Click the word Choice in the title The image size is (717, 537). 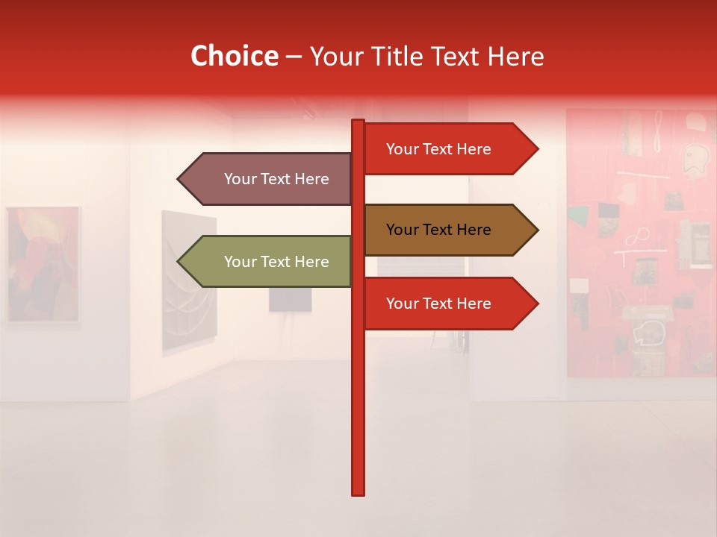(234, 57)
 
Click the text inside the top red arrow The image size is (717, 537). (438, 149)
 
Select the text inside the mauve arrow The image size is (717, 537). (276, 179)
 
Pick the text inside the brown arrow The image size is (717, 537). (438, 230)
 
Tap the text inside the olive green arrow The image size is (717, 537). (276, 262)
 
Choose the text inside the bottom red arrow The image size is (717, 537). (438, 304)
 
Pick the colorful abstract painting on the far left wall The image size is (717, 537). (43, 265)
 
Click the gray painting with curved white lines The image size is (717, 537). (189, 280)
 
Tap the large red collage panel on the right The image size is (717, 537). (641, 242)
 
